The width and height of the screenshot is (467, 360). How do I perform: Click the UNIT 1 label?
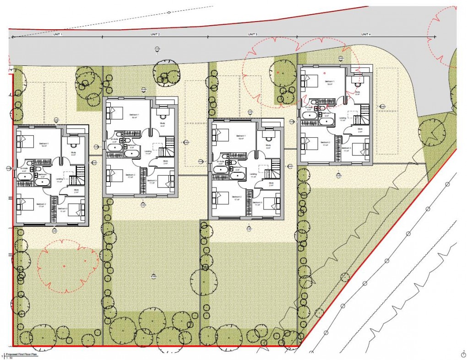click(x=58, y=34)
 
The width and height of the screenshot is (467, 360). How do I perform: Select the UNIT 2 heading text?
click(x=155, y=34)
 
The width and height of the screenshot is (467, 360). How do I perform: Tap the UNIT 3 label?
click(x=253, y=34)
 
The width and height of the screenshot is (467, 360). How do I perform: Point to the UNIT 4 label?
click(x=365, y=34)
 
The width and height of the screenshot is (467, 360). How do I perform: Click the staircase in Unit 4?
click(x=365, y=112)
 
